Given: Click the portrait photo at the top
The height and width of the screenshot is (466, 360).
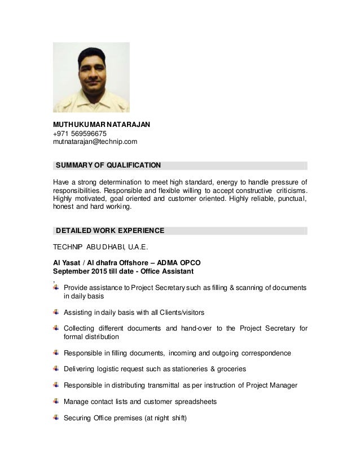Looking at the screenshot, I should [91, 77].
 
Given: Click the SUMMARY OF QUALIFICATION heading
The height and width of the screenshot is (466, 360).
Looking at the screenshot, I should [108, 165].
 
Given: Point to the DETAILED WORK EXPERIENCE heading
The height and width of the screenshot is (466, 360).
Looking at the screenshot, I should [110, 231].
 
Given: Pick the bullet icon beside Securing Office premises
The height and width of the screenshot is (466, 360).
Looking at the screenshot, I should [55, 417].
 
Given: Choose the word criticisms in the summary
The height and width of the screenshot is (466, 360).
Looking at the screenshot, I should [287, 190].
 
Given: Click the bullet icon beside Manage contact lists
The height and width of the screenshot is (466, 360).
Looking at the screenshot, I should [55, 401].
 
